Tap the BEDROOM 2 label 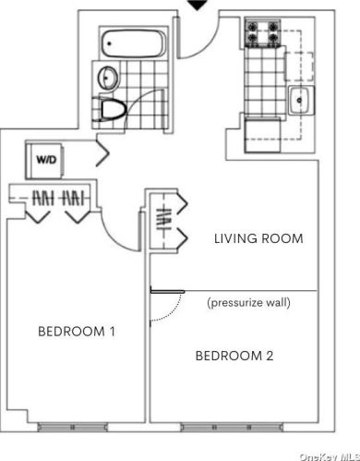pyautogui.click(x=234, y=355)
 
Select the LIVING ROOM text pyautogui.click(x=258, y=239)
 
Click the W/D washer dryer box pyautogui.click(x=45, y=159)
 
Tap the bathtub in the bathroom pyautogui.click(x=134, y=42)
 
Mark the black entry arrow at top pyautogui.click(x=197, y=6)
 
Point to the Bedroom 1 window pyautogui.click(x=73, y=427)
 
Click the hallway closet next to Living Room pyautogui.click(x=162, y=222)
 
